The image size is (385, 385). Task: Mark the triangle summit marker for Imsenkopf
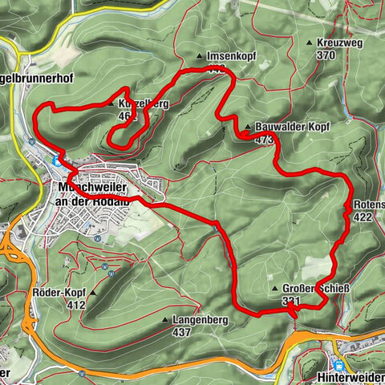[201, 56]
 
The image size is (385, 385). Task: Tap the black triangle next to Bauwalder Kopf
[249, 127]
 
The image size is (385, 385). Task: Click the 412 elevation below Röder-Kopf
[76, 306]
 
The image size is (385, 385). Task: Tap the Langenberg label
[197, 319]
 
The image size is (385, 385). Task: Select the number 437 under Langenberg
[181, 332]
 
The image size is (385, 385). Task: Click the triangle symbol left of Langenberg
[165, 319]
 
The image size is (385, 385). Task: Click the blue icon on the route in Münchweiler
[56, 160]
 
